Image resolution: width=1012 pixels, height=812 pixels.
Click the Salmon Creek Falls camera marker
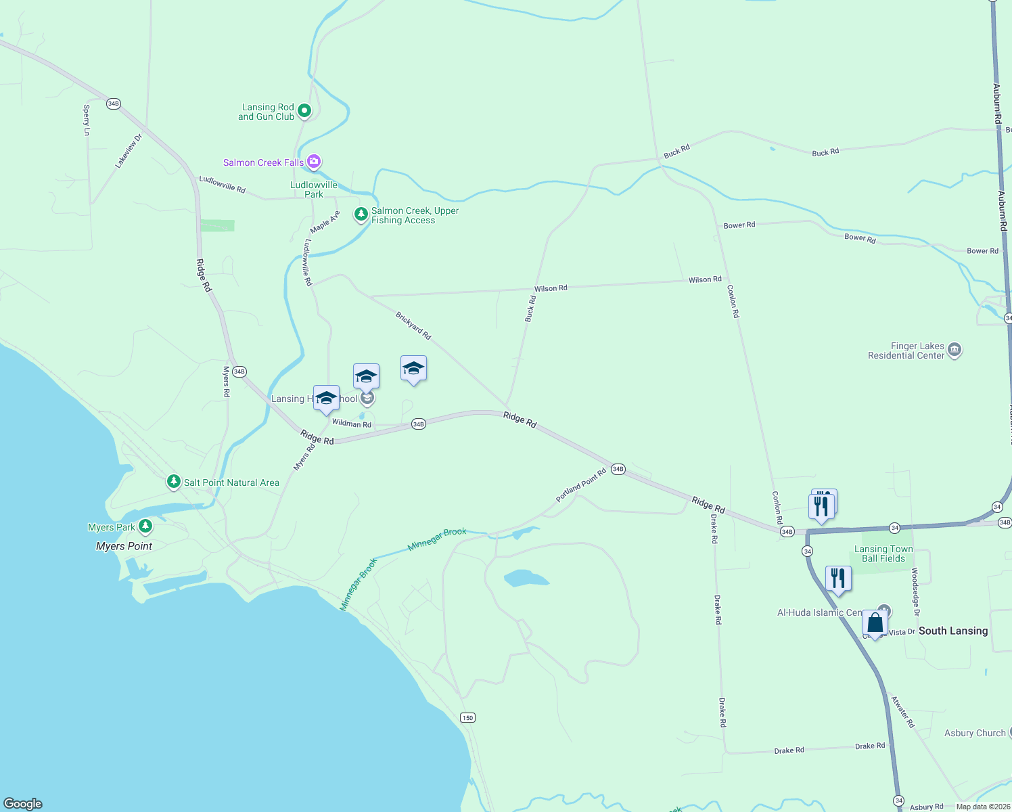click(313, 162)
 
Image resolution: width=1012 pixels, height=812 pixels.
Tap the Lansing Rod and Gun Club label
click(267, 112)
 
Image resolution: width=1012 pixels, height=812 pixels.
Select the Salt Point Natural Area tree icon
click(174, 482)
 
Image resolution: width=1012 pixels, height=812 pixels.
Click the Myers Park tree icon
click(145, 526)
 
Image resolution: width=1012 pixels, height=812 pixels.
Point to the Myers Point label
click(124, 546)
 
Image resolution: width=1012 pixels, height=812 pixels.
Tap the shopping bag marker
click(875, 623)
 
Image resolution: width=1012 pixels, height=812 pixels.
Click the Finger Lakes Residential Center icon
click(954, 350)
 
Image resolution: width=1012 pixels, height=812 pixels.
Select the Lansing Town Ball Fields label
click(883, 554)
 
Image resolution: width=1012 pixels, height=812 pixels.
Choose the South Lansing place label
click(953, 631)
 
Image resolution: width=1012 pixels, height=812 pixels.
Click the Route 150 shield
click(467, 717)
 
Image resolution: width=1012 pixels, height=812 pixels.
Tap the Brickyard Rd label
click(413, 325)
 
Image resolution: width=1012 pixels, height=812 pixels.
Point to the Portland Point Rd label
click(581, 485)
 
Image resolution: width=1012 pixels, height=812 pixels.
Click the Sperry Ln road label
click(87, 120)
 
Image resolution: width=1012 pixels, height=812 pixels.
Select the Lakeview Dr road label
click(129, 150)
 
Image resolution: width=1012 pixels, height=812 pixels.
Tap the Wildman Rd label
click(352, 424)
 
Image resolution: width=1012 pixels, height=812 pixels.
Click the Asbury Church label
click(975, 733)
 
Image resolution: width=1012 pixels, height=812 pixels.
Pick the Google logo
click(23, 803)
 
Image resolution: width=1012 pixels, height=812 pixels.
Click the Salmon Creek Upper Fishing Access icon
click(361, 215)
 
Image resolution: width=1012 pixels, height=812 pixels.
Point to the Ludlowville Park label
click(314, 189)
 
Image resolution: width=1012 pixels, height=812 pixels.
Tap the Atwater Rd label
click(902, 712)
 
